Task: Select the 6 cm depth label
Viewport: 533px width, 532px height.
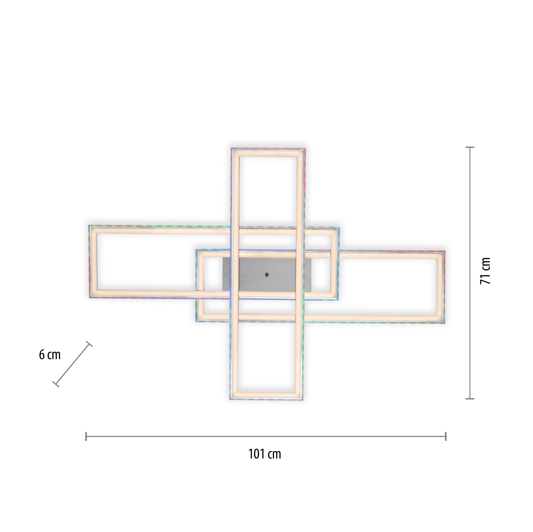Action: pyautogui.click(x=50, y=355)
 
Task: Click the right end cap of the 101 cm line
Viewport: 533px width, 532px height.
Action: pyautogui.click(x=446, y=436)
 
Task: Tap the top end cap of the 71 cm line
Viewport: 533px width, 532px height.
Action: pyautogui.click(x=470, y=148)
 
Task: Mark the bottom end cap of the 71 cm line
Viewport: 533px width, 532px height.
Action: pyautogui.click(x=470, y=399)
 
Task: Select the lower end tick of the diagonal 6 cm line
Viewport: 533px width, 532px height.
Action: pyautogui.click(x=56, y=384)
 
